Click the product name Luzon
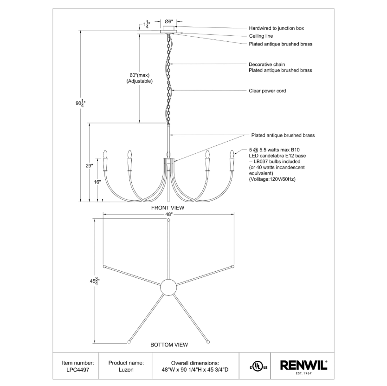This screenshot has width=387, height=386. (126, 370)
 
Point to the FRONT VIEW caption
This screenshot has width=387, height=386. (168, 208)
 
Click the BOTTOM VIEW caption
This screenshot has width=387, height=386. (169, 345)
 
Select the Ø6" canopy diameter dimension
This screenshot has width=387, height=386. (169, 21)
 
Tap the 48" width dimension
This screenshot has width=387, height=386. (168, 214)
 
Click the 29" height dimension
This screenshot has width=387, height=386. (90, 166)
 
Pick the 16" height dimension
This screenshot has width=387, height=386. (97, 182)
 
